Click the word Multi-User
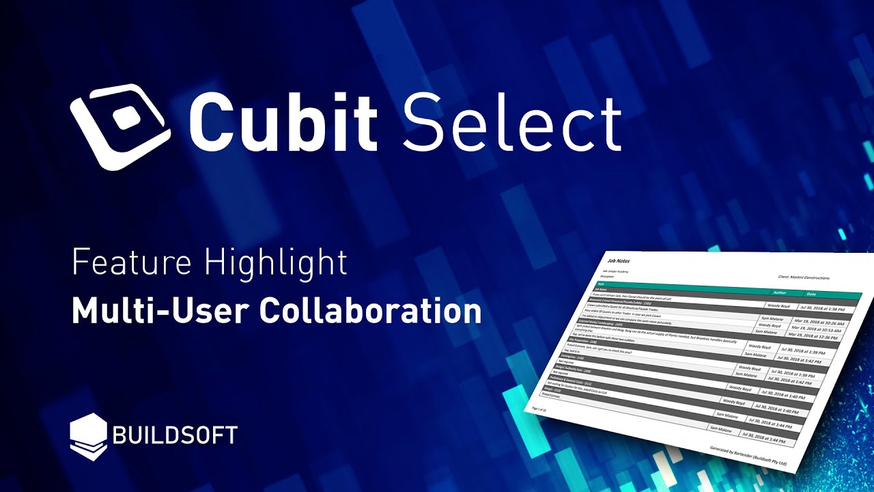[x=161, y=311]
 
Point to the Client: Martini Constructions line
[x=803, y=278]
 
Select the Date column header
[x=810, y=295]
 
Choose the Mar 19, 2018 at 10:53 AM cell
[x=817, y=330]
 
